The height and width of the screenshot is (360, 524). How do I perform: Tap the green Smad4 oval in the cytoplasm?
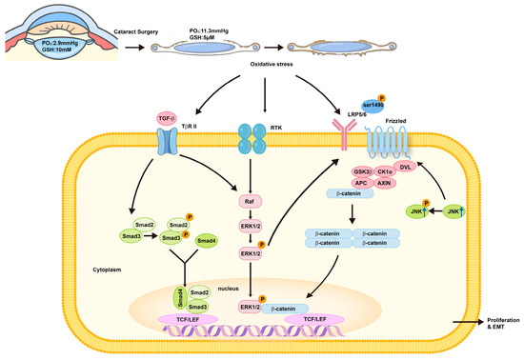point(206,242)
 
